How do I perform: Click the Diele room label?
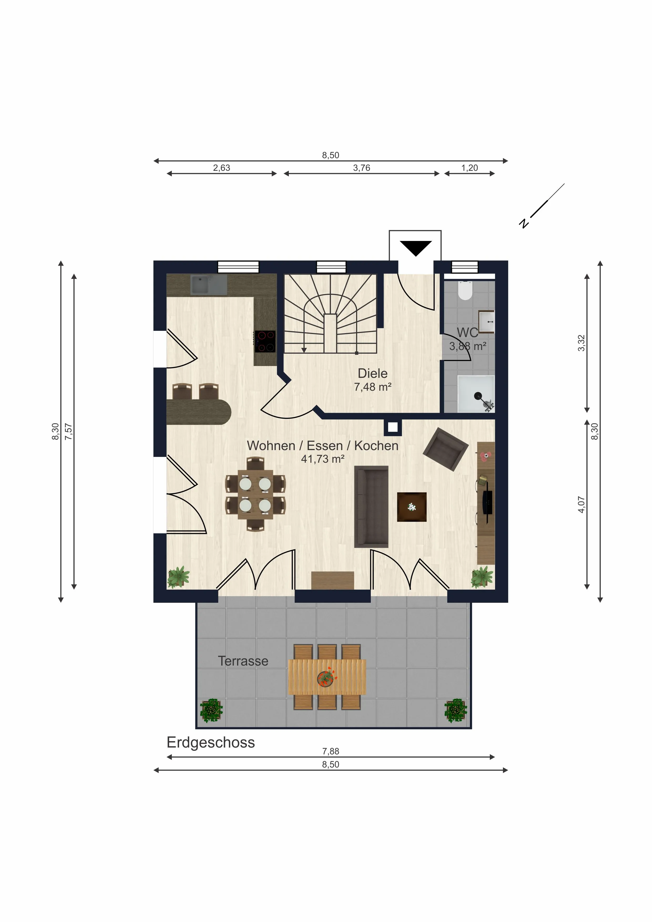pyautogui.click(x=373, y=373)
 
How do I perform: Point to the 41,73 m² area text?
pyautogui.click(x=323, y=459)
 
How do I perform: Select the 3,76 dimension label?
pyautogui.click(x=362, y=168)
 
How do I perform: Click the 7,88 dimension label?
pyautogui.click(x=331, y=751)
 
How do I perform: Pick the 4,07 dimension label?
pyautogui.click(x=581, y=505)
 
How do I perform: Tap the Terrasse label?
pyautogui.click(x=243, y=661)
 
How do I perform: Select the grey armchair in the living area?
pyautogui.click(x=445, y=449)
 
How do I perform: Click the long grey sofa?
pyautogui.click(x=371, y=507)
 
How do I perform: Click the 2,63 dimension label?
pyautogui.click(x=222, y=168)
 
